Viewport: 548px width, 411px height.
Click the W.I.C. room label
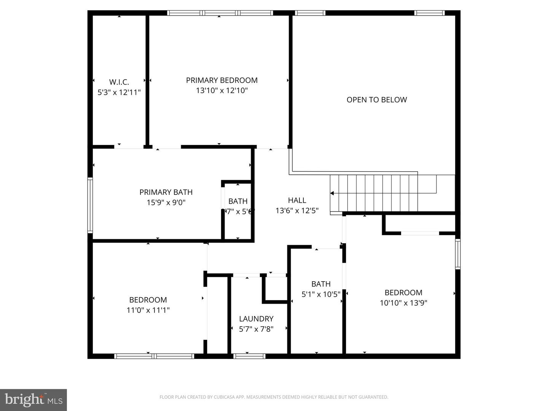[119, 82]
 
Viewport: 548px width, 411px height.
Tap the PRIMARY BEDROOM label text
[221, 80]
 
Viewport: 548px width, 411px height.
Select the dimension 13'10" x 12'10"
[221, 91]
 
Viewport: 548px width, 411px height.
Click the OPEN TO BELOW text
[376, 100]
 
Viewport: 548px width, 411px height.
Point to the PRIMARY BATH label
[166, 192]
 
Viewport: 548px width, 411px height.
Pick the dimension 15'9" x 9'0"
[166, 202]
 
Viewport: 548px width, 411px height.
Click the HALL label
[297, 200]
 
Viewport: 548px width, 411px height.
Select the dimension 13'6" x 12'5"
[297, 210]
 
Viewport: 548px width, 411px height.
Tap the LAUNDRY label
[256, 319]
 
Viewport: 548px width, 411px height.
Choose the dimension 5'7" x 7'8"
[256, 329]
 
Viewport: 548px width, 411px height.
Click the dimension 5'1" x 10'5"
[321, 294]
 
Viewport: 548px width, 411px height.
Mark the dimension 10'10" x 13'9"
[403, 303]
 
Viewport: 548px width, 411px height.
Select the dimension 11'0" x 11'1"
[148, 310]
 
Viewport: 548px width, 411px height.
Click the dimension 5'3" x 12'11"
[119, 92]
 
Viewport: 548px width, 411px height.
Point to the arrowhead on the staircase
[332, 193]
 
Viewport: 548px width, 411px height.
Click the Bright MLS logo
[33, 400]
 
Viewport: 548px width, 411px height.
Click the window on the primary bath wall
[90, 205]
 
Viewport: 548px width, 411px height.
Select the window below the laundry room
[249, 356]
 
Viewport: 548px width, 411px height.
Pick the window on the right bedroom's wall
[458, 254]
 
